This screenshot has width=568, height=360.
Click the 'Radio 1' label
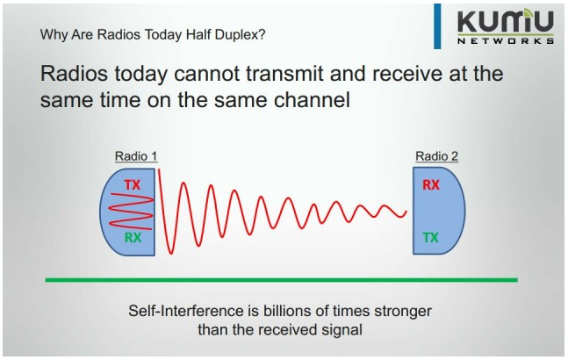[136, 156]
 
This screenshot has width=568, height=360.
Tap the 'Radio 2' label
[436, 156]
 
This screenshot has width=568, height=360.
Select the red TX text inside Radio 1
[132, 185]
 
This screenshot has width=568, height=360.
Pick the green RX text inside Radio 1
[132, 236]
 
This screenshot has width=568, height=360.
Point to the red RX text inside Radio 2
[431, 185]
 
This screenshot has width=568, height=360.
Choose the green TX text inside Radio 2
[431, 237]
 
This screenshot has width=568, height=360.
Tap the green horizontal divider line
[281, 280]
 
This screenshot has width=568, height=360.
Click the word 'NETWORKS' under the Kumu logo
[506, 40]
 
